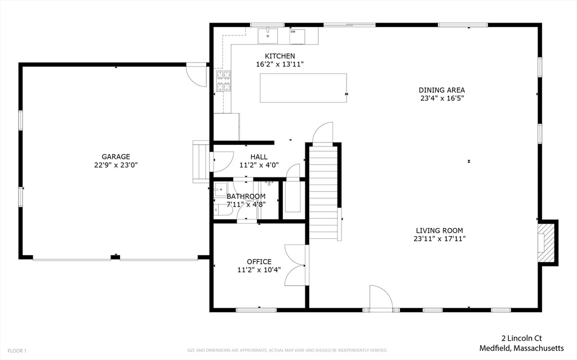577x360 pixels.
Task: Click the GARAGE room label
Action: click(x=116, y=157)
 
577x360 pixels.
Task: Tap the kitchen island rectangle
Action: click(x=303, y=88)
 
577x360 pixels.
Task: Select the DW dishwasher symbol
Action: click(x=298, y=37)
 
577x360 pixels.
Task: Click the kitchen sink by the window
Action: click(x=268, y=36)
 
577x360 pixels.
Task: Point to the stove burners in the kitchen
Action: click(x=223, y=81)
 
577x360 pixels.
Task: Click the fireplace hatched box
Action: click(x=545, y=243)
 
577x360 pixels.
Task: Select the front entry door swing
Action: click(x=381, y=297)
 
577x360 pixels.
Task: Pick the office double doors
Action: click(x=295, y=265)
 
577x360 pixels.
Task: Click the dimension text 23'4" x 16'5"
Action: click(x=442, y=98)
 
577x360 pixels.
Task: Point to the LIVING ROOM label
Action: click(x=440, y=231)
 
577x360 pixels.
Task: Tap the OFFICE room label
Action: click(x=259, y=262)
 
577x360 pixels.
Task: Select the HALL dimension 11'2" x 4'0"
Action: click(x=259, y=165)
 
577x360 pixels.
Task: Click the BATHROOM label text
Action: click(x=246, y=197)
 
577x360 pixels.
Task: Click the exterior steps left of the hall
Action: click(x=201, y=162)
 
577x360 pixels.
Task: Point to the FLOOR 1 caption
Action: click(x=17, y=351)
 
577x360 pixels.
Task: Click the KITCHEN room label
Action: click(x=279, y=56)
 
